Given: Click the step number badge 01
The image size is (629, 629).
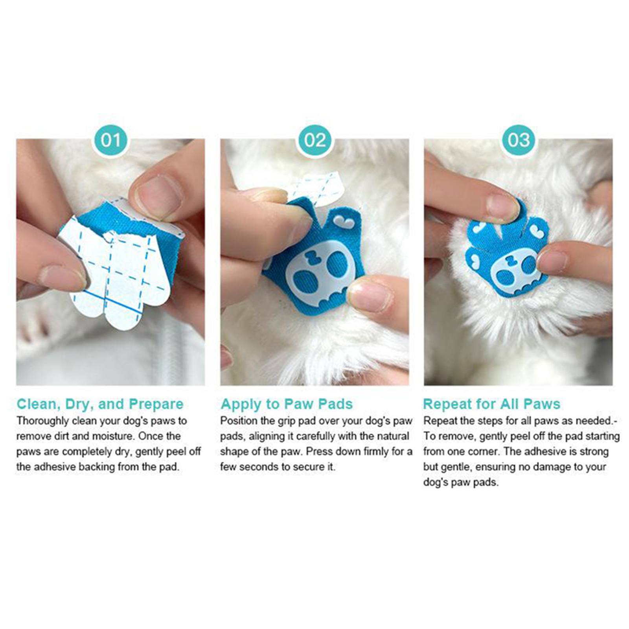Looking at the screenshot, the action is click(111, 140).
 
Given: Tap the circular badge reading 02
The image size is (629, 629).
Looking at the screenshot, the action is click(314, 140).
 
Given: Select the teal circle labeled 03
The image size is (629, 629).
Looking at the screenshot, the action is click(519, 140).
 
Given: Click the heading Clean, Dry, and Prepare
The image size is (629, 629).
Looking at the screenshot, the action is click(100, 404).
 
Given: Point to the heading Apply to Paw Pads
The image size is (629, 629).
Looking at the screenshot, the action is click(287, 404).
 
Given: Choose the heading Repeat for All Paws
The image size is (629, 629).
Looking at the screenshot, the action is click(492, 404).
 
